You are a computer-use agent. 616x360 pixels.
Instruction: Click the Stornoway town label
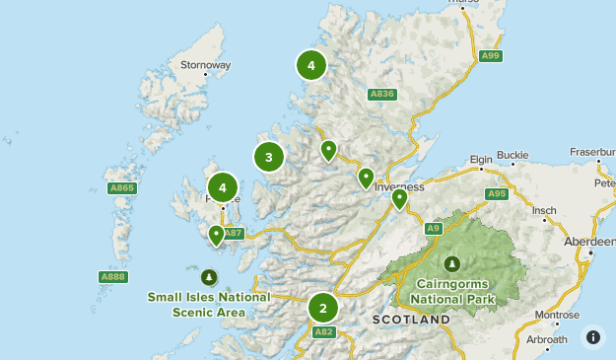(x=205, y=65)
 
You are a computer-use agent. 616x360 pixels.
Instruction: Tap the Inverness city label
(x=399, y=185)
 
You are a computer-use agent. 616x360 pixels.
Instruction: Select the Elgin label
(x=481, y=158)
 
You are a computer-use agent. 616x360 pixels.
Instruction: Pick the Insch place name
(x=545, y=210)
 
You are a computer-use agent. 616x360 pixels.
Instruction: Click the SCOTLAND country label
(x=411, y=320)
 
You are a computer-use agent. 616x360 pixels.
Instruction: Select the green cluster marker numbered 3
(x=268, y=157)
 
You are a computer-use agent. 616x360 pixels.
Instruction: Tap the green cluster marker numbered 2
(x=322, y=308)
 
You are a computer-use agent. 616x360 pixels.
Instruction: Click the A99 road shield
(x=491, y=56)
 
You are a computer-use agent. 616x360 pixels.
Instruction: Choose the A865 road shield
(x=120, y=187)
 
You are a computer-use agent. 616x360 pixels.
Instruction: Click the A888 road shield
(x=113, y=277)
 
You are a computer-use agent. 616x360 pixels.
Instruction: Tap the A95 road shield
(x=497, y=193)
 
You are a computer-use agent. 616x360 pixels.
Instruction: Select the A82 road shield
(x=324, y=332)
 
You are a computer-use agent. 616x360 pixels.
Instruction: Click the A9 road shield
(x=434, y=229)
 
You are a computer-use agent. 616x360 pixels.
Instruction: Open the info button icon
(x=593, y=337)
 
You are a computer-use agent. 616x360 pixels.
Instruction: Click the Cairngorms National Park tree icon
(x=451, y=263)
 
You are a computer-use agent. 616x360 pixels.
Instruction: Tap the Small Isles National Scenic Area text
(x=208, y=304)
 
